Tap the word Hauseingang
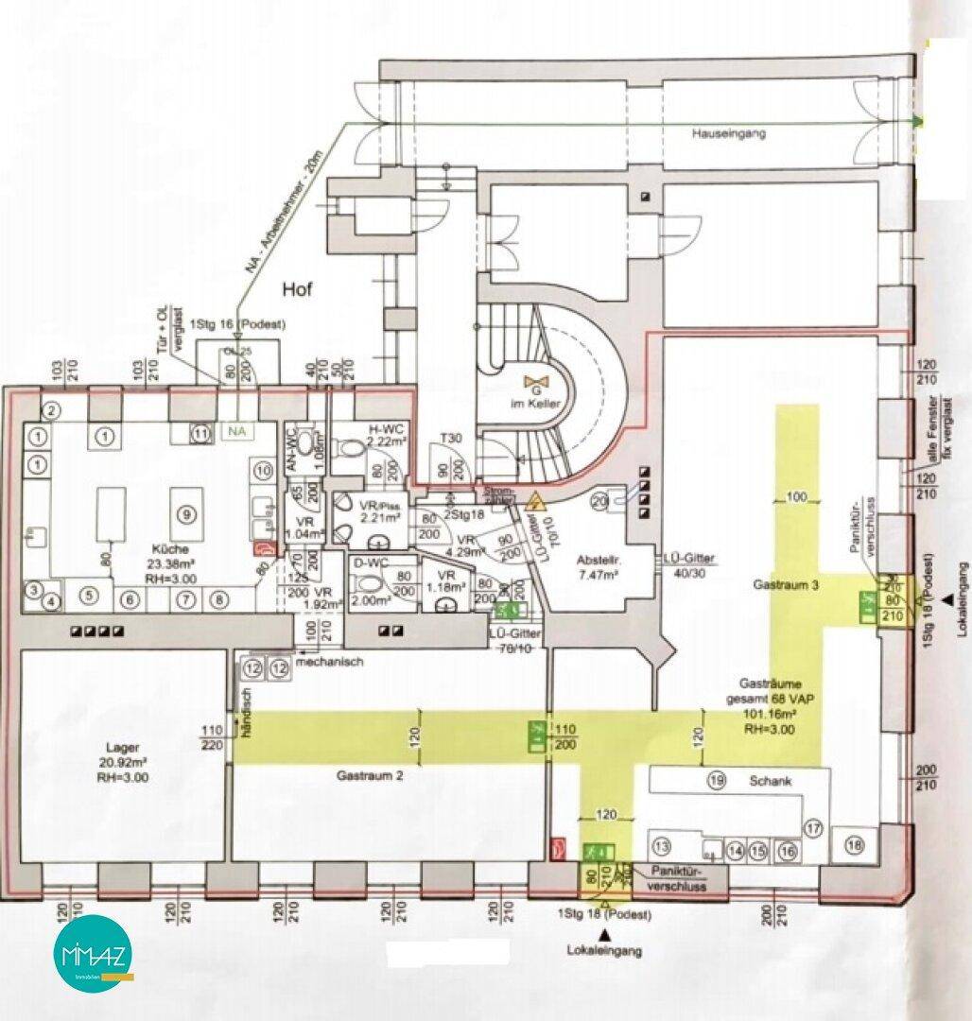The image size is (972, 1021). (728, 134)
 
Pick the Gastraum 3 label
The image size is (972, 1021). (786, 585)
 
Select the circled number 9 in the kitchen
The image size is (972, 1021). (188, 512)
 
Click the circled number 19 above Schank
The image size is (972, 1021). (717, 781)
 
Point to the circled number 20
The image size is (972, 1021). (599, 503)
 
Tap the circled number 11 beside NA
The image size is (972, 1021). (200, 433)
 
